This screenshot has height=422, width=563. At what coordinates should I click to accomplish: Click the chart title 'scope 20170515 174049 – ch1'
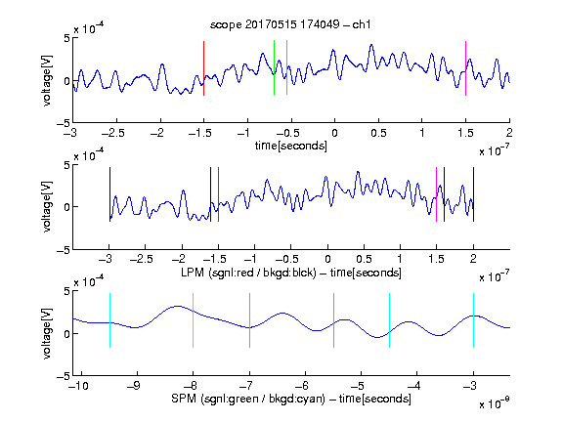click(290, 24)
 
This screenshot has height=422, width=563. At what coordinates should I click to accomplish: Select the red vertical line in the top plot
click(203, 68)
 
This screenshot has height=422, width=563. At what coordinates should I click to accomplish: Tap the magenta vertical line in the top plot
click(465, 68)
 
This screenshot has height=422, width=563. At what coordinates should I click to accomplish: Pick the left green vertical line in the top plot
click(274, 67)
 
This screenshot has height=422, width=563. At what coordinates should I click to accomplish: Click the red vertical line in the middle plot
click(218, 194)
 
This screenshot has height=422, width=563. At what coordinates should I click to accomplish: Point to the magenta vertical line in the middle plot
click(436, 194)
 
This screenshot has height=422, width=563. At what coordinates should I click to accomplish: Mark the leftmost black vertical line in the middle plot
click(109, 194)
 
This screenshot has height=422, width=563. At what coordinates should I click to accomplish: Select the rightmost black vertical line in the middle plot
click(473, 194)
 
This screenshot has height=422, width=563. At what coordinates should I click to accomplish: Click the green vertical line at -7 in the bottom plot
click(249, 320)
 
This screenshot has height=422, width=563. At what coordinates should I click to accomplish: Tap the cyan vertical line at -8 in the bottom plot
click(194, 320)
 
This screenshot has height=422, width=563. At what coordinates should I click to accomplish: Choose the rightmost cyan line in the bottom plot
click(473, 320)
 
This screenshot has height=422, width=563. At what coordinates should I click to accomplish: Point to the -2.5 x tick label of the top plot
click(113, 133)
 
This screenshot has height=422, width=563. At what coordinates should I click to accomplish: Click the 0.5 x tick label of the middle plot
click(364, 259)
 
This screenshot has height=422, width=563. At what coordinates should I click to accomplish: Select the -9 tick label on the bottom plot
click(134, 386)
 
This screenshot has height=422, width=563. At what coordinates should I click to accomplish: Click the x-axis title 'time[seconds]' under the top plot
click(291, 146)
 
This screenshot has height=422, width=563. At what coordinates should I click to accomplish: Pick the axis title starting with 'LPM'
click(291, 273)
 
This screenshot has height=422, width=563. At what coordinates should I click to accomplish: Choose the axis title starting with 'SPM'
click(291, 399)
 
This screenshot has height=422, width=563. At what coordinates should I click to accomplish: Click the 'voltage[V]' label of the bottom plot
click(47, 333)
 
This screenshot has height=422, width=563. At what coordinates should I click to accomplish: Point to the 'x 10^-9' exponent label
click(495, 403)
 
